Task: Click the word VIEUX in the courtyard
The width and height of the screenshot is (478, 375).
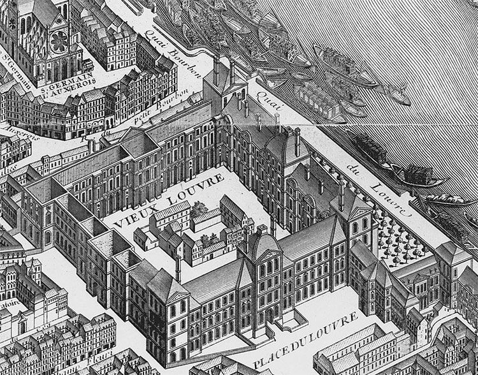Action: pyautogui.click(x=136, y=214)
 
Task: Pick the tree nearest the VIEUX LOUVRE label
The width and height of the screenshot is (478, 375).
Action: pyautogui.click(x=198, y=208)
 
